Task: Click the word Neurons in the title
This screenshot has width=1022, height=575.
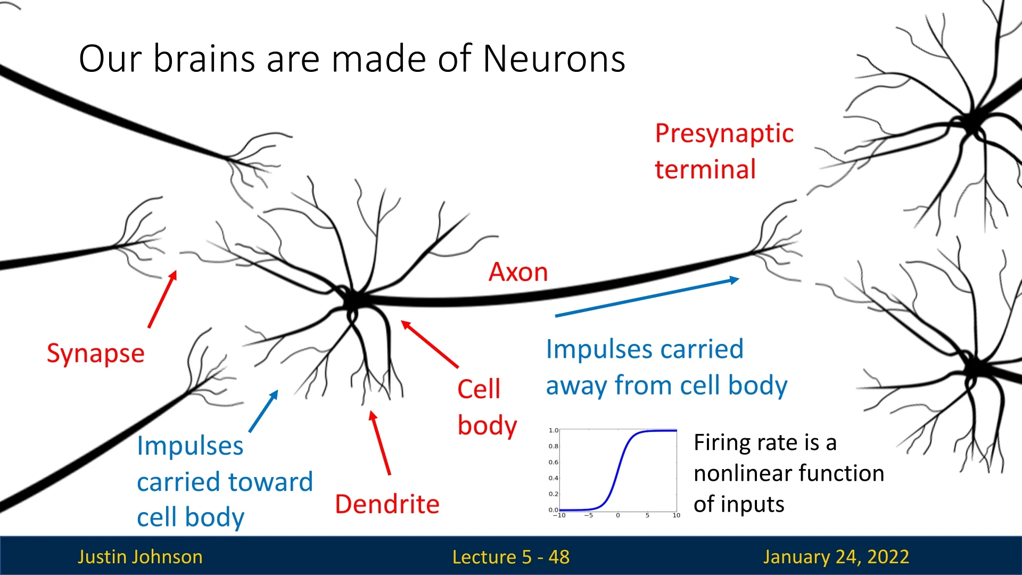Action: point(554,59)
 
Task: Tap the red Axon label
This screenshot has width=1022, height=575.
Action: point(518,272)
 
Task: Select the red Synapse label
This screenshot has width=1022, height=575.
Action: point(96,354)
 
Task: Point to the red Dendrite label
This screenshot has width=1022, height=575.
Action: point(387,504)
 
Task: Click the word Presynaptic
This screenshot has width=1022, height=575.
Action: point(724,134)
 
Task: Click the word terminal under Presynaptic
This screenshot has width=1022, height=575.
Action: point(705,170)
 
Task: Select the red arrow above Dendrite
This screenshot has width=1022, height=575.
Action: point(380,443)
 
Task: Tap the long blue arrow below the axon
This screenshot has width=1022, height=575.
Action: point(647,297)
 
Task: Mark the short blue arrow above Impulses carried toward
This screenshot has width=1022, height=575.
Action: point(263,411)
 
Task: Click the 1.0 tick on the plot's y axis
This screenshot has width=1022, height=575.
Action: point(554,430)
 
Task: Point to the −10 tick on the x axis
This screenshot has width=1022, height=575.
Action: point(559,515)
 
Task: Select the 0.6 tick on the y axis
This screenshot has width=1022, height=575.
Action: point(554,462)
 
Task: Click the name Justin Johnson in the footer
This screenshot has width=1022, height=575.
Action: point(140,557)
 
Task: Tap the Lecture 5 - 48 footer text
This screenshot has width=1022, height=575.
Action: point(510,557)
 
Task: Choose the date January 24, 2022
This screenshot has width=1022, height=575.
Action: point(836,557)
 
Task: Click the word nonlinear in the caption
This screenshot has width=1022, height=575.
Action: point(743,473)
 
